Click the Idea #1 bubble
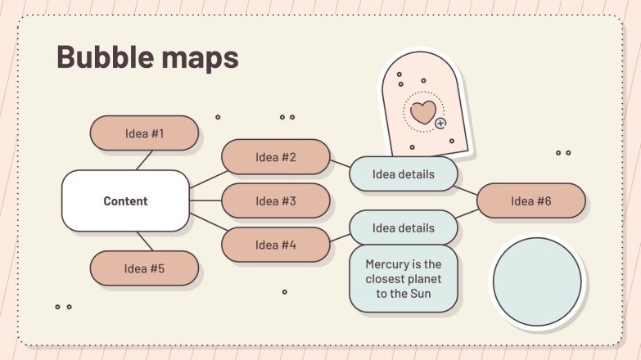pyautogui.click(x=144, y=133)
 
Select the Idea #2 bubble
pyautogui.click(x=276, y=157)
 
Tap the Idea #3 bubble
pyautogui.click(x=276, y=200)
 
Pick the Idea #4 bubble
pyautogui.click(x=276, y=245)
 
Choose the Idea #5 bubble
pyautogui.click(x=144, y=268)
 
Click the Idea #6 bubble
pyautogui.click(x=530, y=200)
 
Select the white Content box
pyautogui.click(x=125, y=200)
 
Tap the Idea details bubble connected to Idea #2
pyautogui.click(x=403, y=173)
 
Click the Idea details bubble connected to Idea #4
pyautogui.click(x=403, y=227)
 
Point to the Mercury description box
pyautogui.click(x=403, y=278)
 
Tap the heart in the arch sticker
pyautogui.click(x=423, y=111)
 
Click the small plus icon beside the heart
pyautogui.click(x=441, y=124)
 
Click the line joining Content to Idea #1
pyautogui.click(x=144, y=160)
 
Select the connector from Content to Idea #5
pyautogui.click(x=145, y=241)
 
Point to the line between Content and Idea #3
pyautogui.click(x=205, y=200)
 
